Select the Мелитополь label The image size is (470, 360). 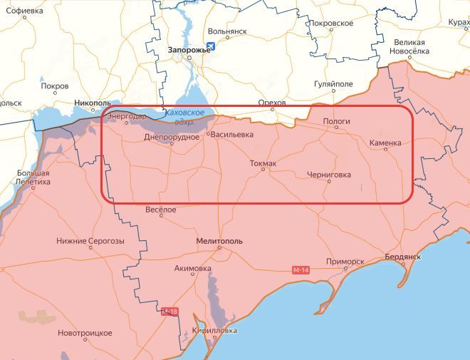pos(219,241)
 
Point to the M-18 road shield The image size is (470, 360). pos(169,312)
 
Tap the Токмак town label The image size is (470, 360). pos(263,163)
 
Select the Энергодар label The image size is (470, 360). pos(127,117)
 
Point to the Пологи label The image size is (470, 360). pos(337,121)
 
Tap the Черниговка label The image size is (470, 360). pos(328,174)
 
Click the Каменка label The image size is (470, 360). pos(385,143)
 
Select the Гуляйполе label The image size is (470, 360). pos(333,84)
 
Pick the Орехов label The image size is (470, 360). pos(271,103)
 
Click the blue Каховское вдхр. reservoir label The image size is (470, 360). pos(184,118)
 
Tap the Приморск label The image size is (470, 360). pos(345,262)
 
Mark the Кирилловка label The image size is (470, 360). pos(215,331)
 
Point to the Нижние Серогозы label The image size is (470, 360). pos(90,241)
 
